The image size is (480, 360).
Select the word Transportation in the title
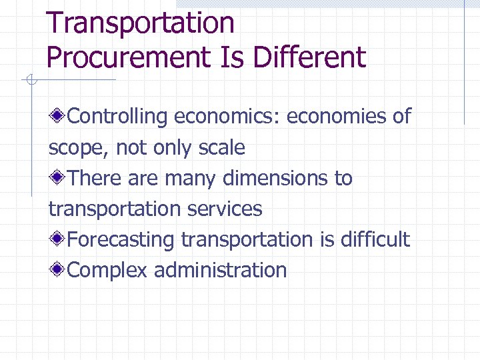[141, 23]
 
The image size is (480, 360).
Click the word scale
[222, 148]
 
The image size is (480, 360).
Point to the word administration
[221, 271]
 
